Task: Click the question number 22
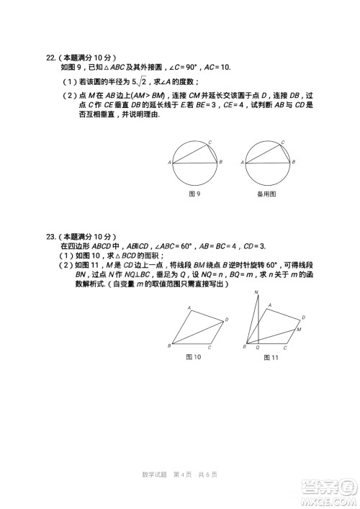[50, 57]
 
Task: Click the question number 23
[50, 236]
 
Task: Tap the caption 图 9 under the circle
[194, 194]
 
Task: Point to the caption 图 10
[193, 356]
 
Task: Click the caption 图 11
[271, 357]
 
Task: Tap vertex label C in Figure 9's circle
[210, 143]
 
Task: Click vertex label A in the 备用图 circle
[241, 163]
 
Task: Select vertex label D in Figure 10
[227, 319]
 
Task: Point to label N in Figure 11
[256, 292]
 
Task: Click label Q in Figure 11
[257, 347]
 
